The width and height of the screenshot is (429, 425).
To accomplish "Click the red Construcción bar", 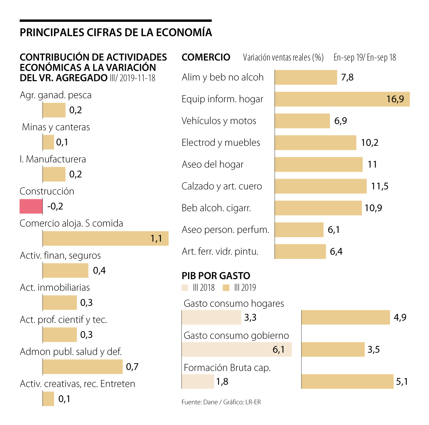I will (x=31, y=206).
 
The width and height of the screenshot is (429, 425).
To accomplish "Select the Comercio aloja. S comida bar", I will (x=105, y=238).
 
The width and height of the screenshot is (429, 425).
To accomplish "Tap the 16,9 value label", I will (x=395, y=99).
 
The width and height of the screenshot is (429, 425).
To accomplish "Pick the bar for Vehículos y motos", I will (x=302, y=121).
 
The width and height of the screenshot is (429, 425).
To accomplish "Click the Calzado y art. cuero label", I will (x=222, y=186).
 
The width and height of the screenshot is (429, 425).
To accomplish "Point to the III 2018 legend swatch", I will (x=185, y=288).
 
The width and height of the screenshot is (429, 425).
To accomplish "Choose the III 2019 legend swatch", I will (x=226, y=288).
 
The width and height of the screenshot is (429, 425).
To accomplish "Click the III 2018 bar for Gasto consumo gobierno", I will (x=237, y=349).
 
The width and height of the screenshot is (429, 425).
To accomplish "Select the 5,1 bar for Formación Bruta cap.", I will (x=347, y=381).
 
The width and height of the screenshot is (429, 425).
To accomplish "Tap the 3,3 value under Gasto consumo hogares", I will (x=250, y=317).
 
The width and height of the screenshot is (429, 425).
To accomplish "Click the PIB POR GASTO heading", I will (x=216, y=276).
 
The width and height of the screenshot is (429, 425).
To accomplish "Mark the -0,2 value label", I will (x=55, y=206).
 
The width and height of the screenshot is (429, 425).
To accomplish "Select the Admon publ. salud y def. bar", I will (x=83, y=367).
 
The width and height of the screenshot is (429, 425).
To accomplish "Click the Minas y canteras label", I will (x=56, y=127).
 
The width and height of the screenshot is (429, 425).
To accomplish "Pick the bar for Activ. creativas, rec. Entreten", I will (x=48, y=399).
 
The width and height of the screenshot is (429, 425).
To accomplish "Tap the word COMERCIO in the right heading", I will (x=206, y=57).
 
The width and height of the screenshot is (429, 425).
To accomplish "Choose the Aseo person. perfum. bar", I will (x=299, y=230).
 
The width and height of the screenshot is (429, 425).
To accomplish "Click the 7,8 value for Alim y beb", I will (x=347, y=77).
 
